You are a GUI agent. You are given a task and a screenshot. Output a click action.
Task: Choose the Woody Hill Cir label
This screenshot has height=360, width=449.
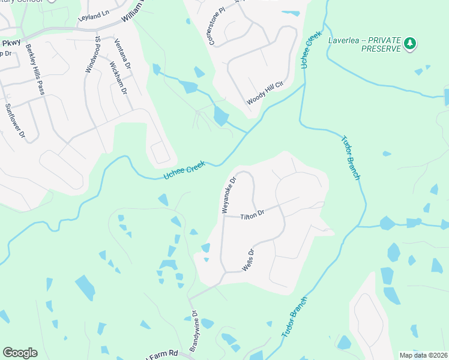[264, 92]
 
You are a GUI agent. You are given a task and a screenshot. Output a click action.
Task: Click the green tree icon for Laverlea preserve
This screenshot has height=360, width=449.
[410, 43]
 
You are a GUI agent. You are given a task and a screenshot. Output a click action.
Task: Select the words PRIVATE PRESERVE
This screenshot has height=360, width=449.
[381, 49]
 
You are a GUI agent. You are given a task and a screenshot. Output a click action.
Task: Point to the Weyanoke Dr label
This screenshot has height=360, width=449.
[229, 194]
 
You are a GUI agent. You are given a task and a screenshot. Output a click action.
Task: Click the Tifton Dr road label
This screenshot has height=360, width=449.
[253, 215]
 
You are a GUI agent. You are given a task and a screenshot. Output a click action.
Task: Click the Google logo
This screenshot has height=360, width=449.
[20, 353]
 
